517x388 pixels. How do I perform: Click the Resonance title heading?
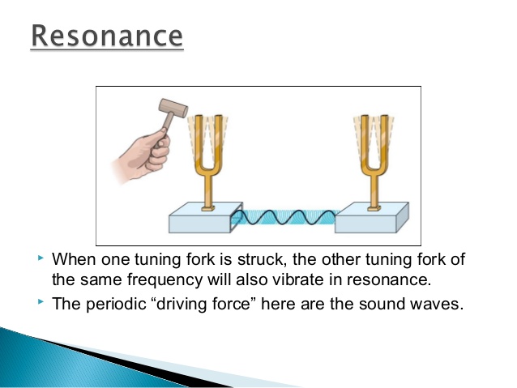pos(107,37)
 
